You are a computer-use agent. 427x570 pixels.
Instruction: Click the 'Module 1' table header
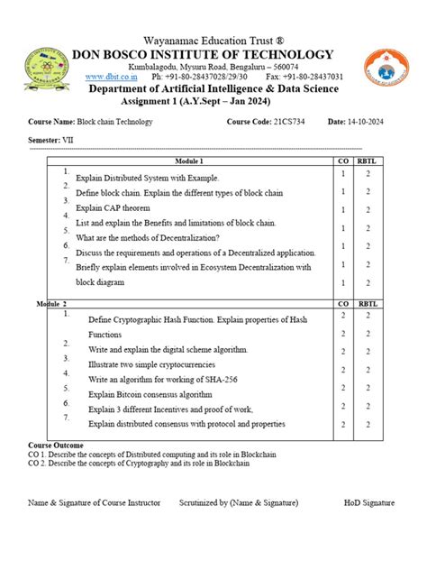(195, 160)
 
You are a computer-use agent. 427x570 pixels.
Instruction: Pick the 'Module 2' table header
(51, 306)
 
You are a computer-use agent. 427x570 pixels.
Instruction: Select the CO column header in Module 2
(343, 306)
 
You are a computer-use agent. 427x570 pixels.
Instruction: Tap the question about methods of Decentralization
(148, 238)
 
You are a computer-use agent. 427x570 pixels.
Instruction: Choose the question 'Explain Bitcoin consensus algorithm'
(150, 394)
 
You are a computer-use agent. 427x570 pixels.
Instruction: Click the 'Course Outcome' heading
(56, 446)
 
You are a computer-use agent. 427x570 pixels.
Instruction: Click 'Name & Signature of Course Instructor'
(95, 501)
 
